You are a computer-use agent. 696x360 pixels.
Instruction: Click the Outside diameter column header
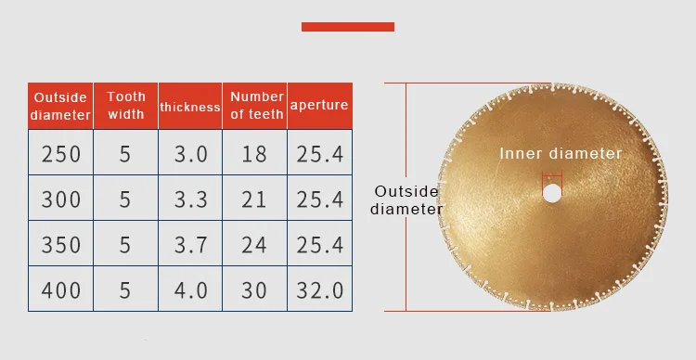point(60,106)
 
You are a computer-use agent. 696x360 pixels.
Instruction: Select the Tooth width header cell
point(126,105)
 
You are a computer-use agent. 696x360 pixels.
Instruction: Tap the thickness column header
point(189,106)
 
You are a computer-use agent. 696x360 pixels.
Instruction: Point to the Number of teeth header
point(256,105)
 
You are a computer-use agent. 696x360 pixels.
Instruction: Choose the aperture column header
point(319,106)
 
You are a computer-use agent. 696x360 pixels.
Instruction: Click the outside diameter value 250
point(60,154)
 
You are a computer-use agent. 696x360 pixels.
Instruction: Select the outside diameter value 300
point(60,199)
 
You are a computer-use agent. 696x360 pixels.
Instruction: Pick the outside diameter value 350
point(60,244)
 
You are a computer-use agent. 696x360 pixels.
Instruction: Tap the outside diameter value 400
point(60,289)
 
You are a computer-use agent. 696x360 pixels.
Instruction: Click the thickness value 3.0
point(191,154)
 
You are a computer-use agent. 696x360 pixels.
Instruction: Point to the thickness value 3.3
point(191,199)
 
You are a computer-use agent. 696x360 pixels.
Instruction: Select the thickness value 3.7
point(191,244)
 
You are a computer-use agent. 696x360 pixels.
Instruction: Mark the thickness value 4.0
point(191,289)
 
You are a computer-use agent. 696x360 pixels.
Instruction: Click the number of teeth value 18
point(254,154)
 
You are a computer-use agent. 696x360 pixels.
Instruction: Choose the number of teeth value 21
point(254,199)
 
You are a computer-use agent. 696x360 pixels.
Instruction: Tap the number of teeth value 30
point(254,289)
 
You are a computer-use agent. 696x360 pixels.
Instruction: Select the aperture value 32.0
point(320,289)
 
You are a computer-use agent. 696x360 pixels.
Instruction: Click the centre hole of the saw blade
point(552,194)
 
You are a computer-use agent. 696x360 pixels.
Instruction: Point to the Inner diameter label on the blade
point(561,154)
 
